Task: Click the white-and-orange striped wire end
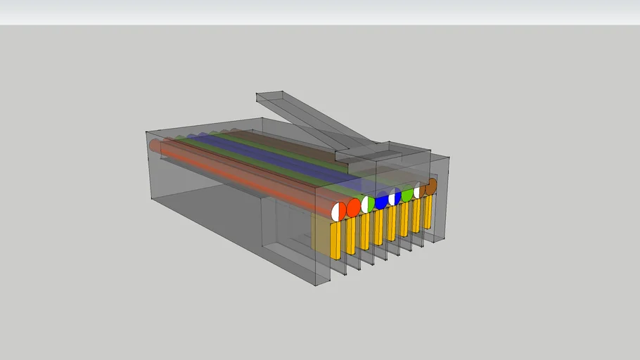[x=338, y=211]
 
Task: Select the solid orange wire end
[x=353, y=207]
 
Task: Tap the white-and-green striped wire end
[x=368, y=204]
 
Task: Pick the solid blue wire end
[x=382, y=201]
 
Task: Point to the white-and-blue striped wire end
[x=395, y=198]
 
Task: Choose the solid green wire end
[x=407, y=194]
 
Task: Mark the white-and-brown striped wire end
[x=420, y=191]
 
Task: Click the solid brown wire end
[x=430, y=186]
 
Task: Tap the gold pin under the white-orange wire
[x=335, y=240]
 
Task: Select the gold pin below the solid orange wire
[x=350, y=236]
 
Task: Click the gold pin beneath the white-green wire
[x=364, y=231]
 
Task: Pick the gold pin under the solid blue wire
[x=378, y=227]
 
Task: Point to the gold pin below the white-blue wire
[x=392, y=224]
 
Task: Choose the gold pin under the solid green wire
[x=404, y=219]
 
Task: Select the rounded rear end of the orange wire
[x=155, y=146]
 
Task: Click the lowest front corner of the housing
[x=314, y=285]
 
